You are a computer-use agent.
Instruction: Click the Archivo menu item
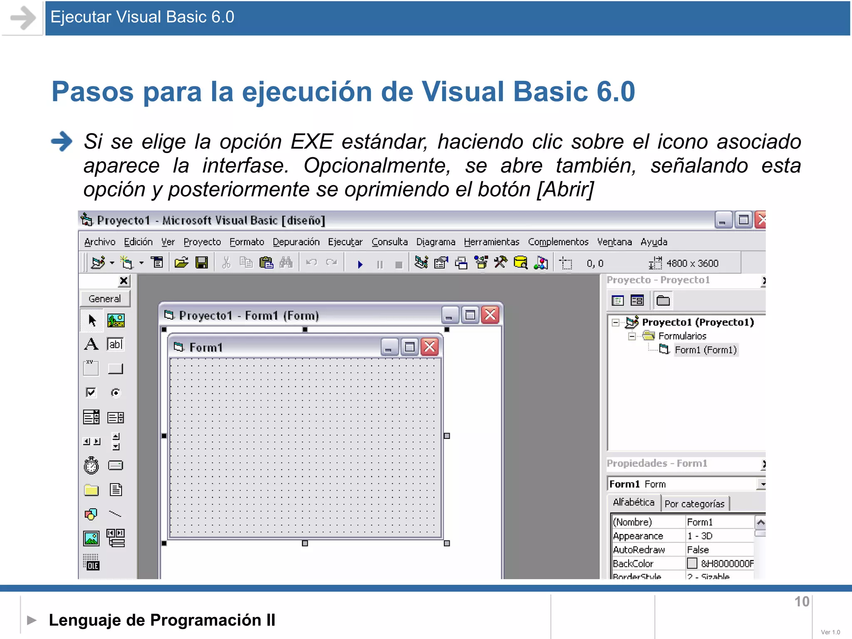click(99, 242)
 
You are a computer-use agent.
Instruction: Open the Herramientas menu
click(491, 242)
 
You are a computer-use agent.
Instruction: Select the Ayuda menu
click(654, 242)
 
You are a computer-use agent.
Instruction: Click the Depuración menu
click(296, 242)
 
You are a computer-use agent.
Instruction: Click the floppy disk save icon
click(202, 263)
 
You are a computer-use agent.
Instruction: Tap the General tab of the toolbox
click(104, 299)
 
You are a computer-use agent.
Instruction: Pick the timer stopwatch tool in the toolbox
click(91, 466)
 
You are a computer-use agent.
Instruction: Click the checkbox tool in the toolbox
click(91, 392)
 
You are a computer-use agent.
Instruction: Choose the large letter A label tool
click(91, 344)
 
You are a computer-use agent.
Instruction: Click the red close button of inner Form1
click(430, 347)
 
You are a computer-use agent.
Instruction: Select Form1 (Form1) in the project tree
click(705, 350)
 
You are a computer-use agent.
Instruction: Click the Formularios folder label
click(682, 336)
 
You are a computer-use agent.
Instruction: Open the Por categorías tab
click(694, 504)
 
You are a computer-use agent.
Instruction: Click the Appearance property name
click(638, 536)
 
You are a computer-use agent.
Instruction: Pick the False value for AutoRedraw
click(698, 550)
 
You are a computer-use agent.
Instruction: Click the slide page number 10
click(802, 602)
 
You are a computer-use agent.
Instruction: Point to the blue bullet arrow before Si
click(62, 141)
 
